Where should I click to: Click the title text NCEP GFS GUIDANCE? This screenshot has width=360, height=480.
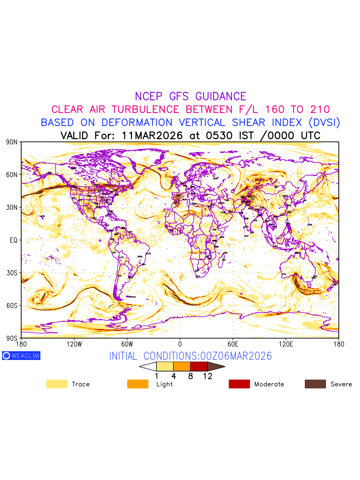tap(190, 96)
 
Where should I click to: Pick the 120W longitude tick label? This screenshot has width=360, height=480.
tap(74, 344)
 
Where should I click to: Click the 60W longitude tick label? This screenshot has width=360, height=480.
tap(127, 344)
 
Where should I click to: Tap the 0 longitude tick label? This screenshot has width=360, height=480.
tap(180, 344)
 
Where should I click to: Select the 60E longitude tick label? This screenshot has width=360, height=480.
tap(233, 344)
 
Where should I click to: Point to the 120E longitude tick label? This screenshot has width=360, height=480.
tap(286, 344)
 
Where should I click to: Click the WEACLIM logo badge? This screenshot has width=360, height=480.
tap(21, 356)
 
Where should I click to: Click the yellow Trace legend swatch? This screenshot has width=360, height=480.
tap(57, 384)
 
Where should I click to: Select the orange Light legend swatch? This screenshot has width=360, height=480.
tap(138, 384)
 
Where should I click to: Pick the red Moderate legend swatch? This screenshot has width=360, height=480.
tap(239, 384)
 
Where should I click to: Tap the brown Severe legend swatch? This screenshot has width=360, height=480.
tap(315, 384)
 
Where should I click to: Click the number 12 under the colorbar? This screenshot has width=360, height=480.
tap(207, 376)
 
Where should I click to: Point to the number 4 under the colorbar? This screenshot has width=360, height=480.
tap(174, 376)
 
